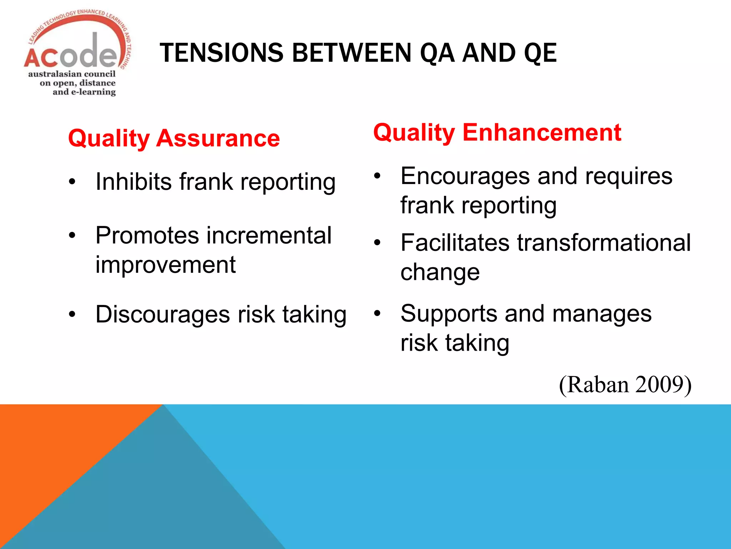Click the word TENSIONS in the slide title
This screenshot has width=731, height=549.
[x=221, y=53]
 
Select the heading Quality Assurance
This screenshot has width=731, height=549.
[x=174, y=138]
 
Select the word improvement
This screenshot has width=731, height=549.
[x=165, y=265]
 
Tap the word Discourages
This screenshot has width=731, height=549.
[x=162, y=315]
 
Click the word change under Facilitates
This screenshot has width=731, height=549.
[x=440, y=272]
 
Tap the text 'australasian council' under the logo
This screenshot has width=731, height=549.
[x=72, y=74]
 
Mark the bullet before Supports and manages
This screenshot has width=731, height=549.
[x=377, y=314]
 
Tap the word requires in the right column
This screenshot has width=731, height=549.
[x=629, y=176]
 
